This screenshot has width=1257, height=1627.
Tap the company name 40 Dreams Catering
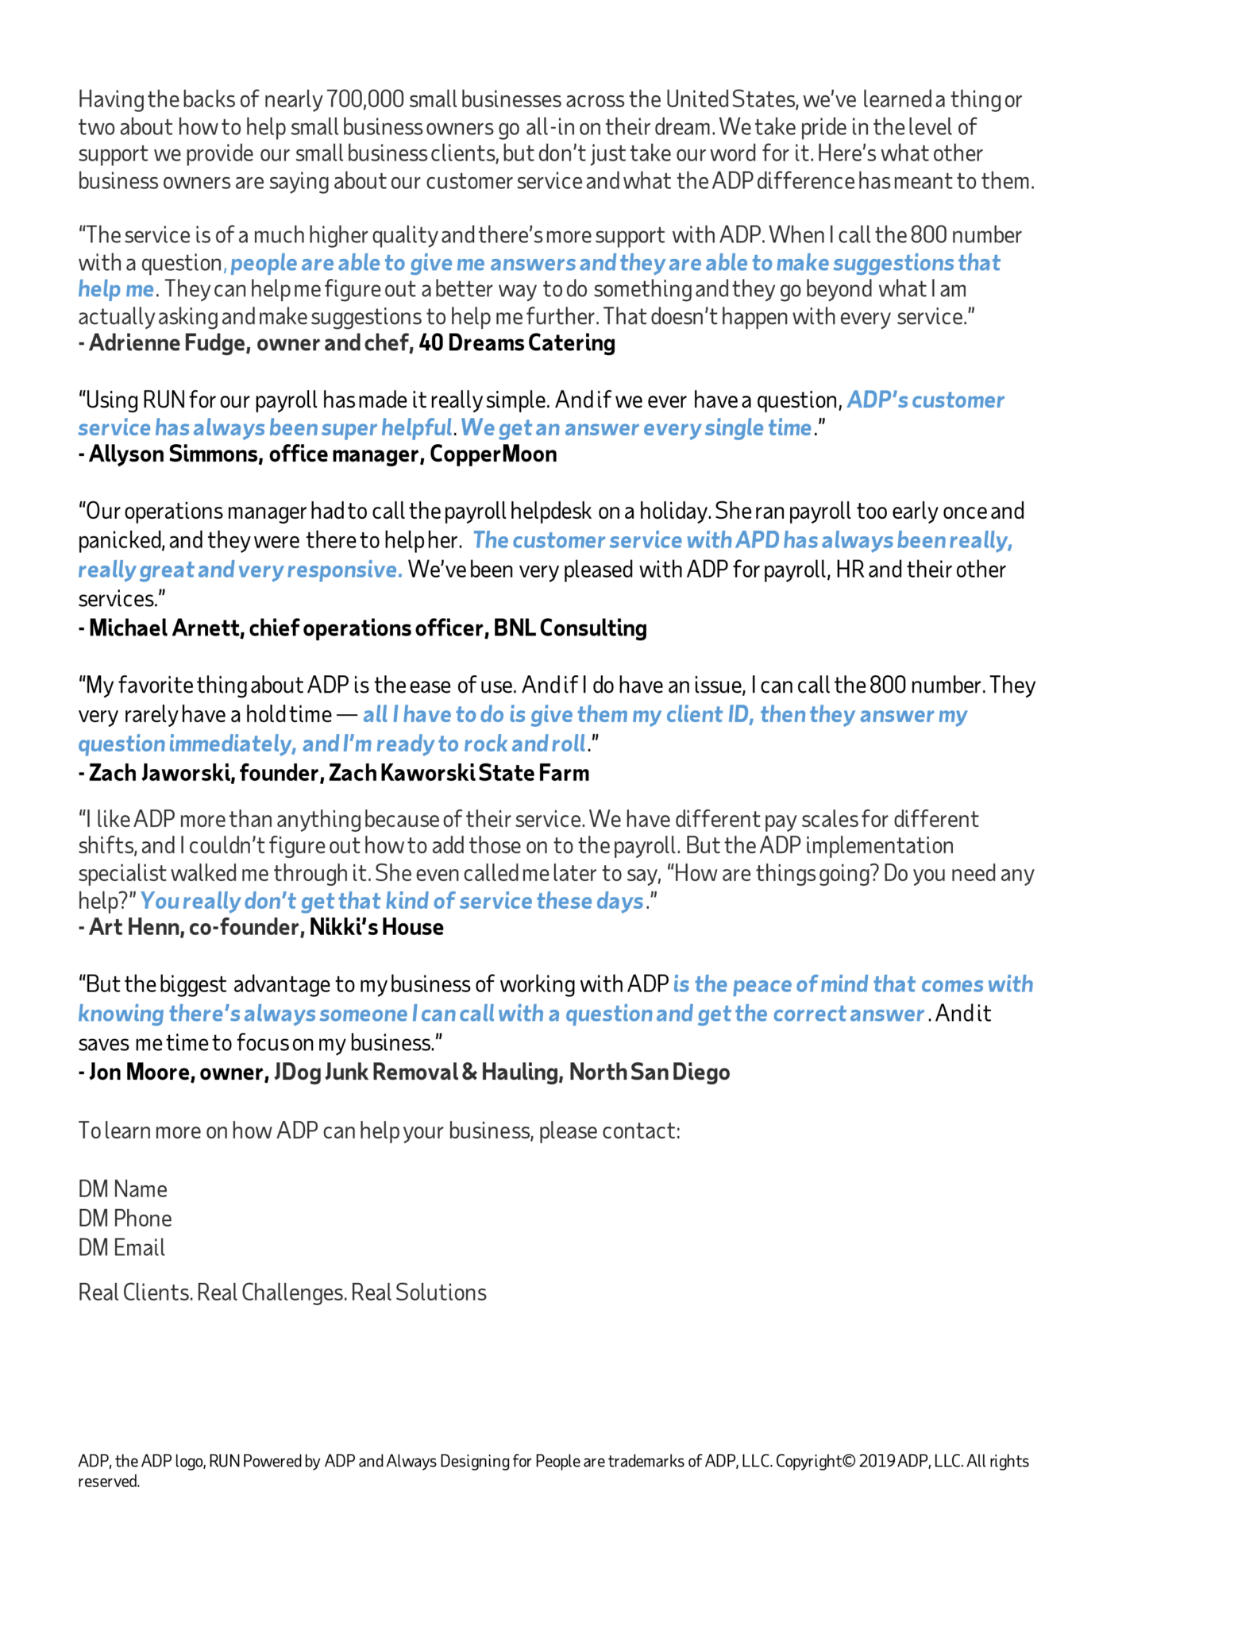click(x=517, y=343)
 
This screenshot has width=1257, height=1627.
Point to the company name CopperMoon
click(x=493, y=454)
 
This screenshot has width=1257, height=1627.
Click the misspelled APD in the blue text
click(x=757, y=541)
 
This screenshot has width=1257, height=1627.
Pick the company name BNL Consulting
click(x=570, y=628)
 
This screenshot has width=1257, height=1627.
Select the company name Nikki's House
click(x=376, y=927)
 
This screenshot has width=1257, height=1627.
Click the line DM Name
click(x=122, y=1189)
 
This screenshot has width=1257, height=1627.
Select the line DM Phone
click(x=125, y=1219)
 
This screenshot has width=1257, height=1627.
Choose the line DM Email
click(x=121, y=1248)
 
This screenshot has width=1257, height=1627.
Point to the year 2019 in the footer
click(x=878, y=1461)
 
